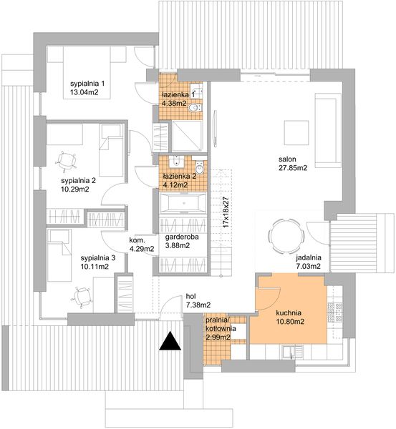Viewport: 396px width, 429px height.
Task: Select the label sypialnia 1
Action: (x=88, y=84)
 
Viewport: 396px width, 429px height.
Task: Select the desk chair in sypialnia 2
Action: (x=68, y=159)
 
